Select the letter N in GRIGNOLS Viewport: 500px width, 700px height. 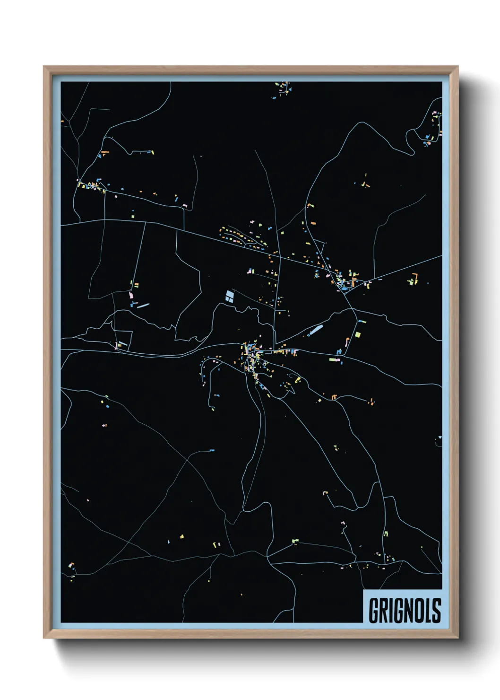point(409,610)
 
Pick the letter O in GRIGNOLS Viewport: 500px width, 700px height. point(421,610)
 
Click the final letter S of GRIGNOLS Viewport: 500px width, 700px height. point(437,610)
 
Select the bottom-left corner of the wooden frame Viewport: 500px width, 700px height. point(45,637)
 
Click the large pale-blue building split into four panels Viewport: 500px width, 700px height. point(229,296)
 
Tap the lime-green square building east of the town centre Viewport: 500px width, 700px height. point(358,334)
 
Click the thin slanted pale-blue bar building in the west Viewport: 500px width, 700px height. point(143,305)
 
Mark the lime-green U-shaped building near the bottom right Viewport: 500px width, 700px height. point(386,534)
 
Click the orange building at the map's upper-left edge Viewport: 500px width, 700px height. point(62,122)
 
